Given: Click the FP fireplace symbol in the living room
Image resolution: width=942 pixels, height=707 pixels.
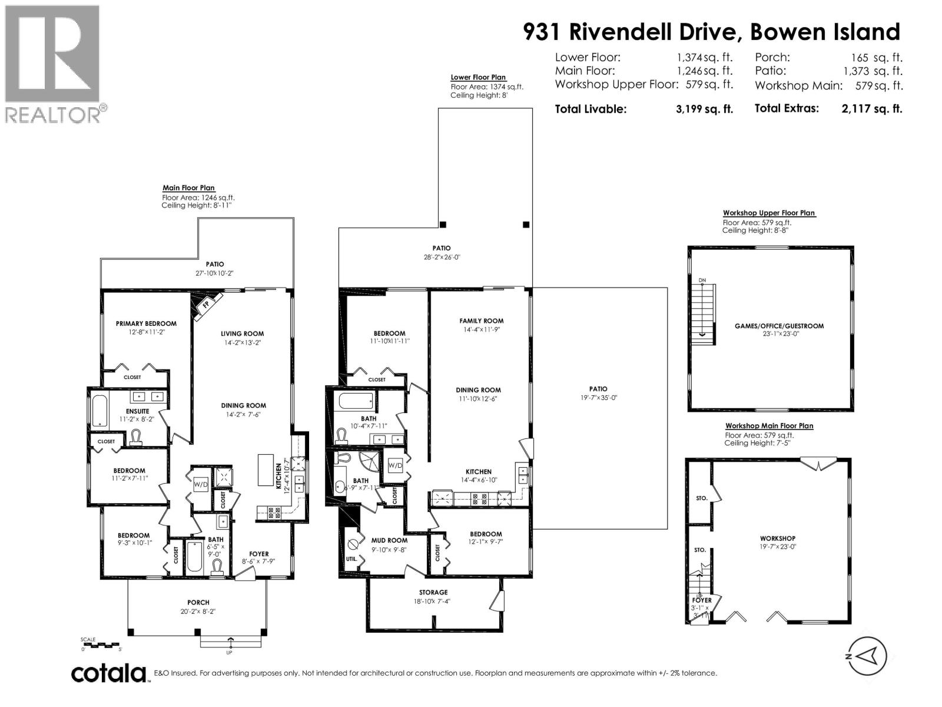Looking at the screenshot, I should pos(205,305).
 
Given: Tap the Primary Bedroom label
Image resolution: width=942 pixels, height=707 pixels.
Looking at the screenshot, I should pos(146,323).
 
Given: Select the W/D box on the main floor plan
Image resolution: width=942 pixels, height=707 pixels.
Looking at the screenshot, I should pos(201,484).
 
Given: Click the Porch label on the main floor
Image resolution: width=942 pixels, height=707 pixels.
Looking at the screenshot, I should pos(198,602).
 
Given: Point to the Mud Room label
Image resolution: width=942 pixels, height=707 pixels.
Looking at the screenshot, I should pos(389,540).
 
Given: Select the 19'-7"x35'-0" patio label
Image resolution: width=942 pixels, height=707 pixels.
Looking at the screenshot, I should pos(598,393).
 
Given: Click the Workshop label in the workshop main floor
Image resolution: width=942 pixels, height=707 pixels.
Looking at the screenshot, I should pos(777,538).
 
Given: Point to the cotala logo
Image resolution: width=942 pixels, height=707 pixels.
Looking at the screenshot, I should pos(109,673).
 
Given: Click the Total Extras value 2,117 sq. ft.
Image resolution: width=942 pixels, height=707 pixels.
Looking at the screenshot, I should pos(872,108).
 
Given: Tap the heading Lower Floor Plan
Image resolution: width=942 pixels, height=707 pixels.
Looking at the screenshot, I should pos(478,77).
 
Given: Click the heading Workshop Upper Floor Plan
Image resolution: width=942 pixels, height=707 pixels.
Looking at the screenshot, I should pos(769,213).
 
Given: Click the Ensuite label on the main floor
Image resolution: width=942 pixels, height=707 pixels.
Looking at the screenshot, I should pos(137,411).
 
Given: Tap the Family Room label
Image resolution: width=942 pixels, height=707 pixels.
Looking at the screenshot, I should pos(482,321).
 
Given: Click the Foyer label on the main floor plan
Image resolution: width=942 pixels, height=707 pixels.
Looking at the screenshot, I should pos(259,554).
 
